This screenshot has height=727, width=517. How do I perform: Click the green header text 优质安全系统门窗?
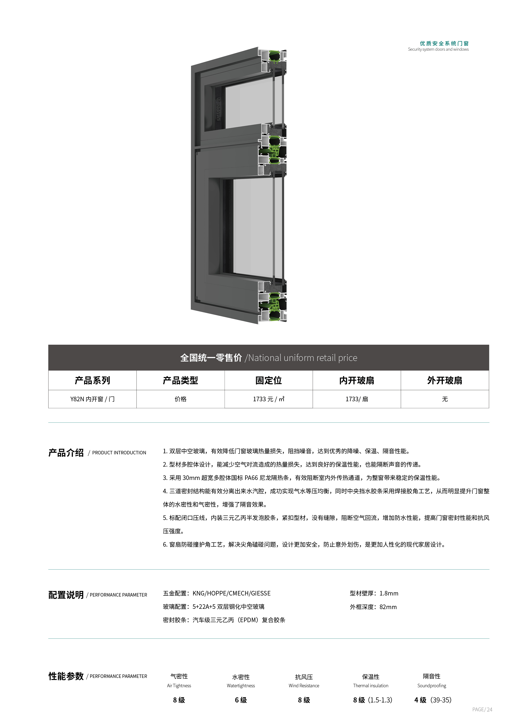tap(444, 43)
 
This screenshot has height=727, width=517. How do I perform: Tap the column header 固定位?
tap(268, 380)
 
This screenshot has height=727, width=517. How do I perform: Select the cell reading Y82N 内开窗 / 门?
tap(92, 399)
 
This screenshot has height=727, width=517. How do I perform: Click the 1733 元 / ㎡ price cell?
tap(268, 399)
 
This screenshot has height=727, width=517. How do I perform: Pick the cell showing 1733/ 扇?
tap(357, 399)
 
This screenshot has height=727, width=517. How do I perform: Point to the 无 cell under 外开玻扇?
tap(445, 399)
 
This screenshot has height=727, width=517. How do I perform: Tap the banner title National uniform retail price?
tap(303, 358)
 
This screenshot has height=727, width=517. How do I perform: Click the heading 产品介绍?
tap(66, 453)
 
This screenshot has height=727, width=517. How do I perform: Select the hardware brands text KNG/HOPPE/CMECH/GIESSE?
tap(232, 593)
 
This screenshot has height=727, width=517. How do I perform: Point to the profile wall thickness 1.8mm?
tap(389, 593)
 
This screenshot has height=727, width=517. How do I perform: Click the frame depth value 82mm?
tap(388, 607)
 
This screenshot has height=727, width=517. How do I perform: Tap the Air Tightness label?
tap(179, 686)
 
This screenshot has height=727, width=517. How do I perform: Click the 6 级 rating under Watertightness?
tap(241, 700)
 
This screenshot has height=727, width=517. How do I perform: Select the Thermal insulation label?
tap(371, 686)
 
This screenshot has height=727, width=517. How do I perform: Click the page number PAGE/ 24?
tap(482, 709)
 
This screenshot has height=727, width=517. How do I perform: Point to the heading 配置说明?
tap(66, 595)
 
